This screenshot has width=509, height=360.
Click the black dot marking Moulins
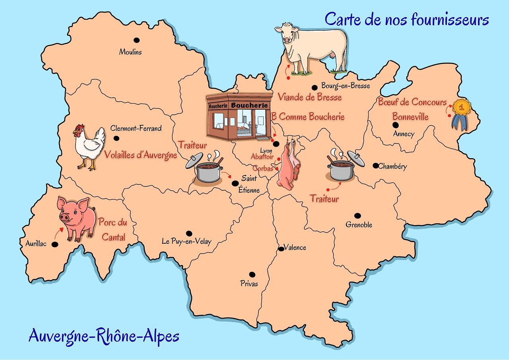(x=136, y=40)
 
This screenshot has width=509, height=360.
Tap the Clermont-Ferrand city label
(x=136, y=128)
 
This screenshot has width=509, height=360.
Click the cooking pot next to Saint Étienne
(x=208, y=169)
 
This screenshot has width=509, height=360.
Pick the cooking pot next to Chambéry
(x=342, y=167)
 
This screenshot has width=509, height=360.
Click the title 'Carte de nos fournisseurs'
(x=407, y=19)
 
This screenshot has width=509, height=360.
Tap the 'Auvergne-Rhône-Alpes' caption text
(x=104, y=336)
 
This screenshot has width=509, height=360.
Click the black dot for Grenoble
(x=357, y=215)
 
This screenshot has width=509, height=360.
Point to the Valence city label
(x=295, y=248)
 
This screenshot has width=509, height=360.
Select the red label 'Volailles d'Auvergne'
(x=140, y=155)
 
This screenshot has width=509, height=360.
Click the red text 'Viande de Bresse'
(x=309, y=97)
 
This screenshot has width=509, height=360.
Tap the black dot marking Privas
(x=252, y=274)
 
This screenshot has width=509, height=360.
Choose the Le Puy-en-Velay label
(x=187, y=241)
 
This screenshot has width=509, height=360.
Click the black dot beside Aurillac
(x=54, y=244)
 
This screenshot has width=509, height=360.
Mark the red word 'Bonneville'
(x=410, y=117)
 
